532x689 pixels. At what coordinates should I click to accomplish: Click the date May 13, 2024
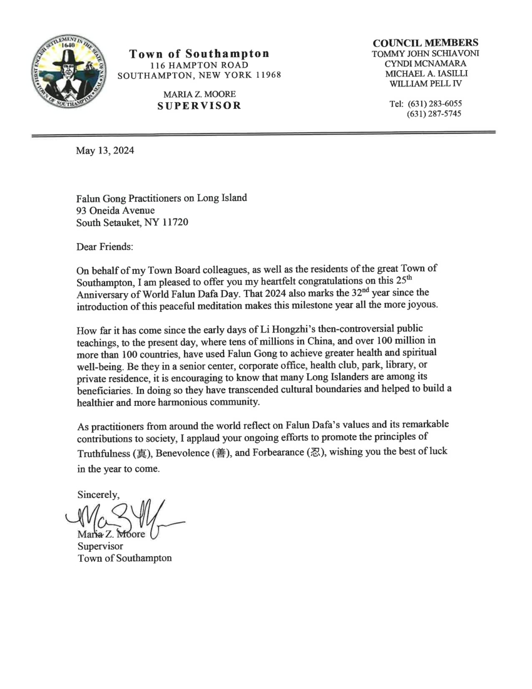click(x=105, y=150)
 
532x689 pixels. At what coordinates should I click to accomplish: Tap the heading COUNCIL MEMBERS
click(x=425, y=43)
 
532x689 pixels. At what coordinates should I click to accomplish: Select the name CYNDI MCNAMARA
click(x=425, y=63)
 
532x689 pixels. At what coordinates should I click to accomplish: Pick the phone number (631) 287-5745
click(x=434, y=114)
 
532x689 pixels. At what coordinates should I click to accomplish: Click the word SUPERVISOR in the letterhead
click(x=199, y=105)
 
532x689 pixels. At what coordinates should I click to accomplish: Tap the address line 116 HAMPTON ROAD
click(x=199, y=65)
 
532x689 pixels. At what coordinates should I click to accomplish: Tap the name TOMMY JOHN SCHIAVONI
click(x=425, y=53)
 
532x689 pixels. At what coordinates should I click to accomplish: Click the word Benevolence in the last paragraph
click(x=186, y=452)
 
